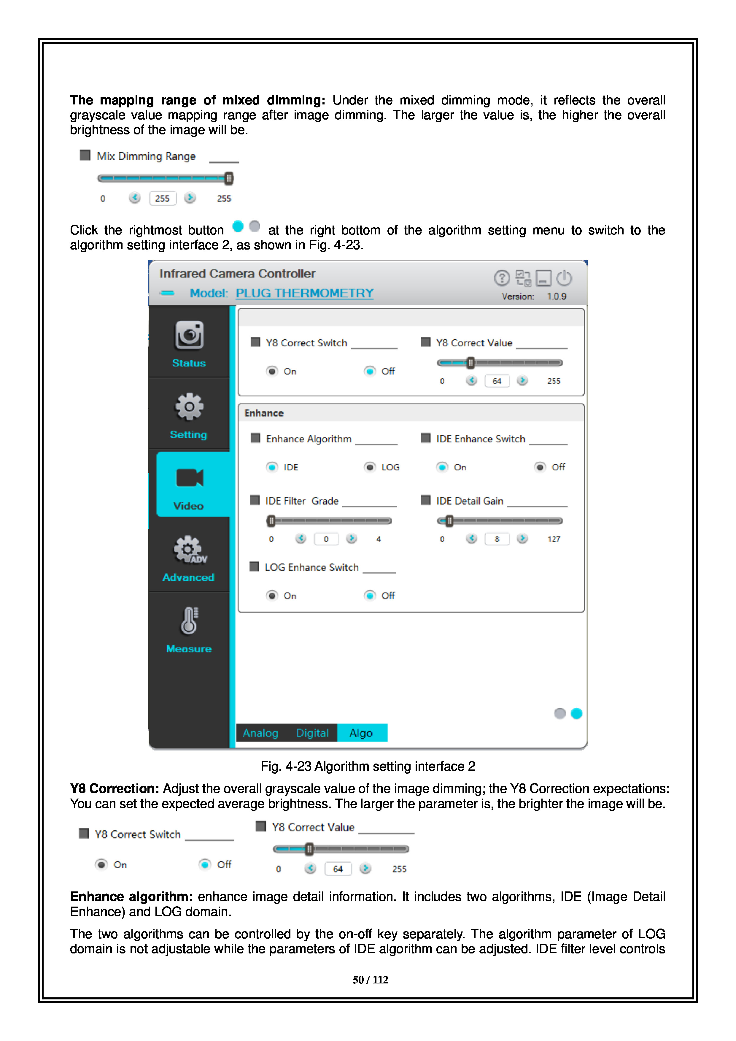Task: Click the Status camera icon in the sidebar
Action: point(189,336)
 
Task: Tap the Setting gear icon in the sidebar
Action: point(189,407)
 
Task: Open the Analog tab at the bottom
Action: point(260,733)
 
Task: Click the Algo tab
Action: point(361,733)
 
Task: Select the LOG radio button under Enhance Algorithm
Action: point(370,467)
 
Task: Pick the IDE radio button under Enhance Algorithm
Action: point(272,467)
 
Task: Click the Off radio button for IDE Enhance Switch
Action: point(540,467)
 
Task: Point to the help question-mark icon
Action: point(502,278)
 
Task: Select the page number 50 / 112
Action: point(370,980)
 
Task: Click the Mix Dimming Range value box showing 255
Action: point(162,199)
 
